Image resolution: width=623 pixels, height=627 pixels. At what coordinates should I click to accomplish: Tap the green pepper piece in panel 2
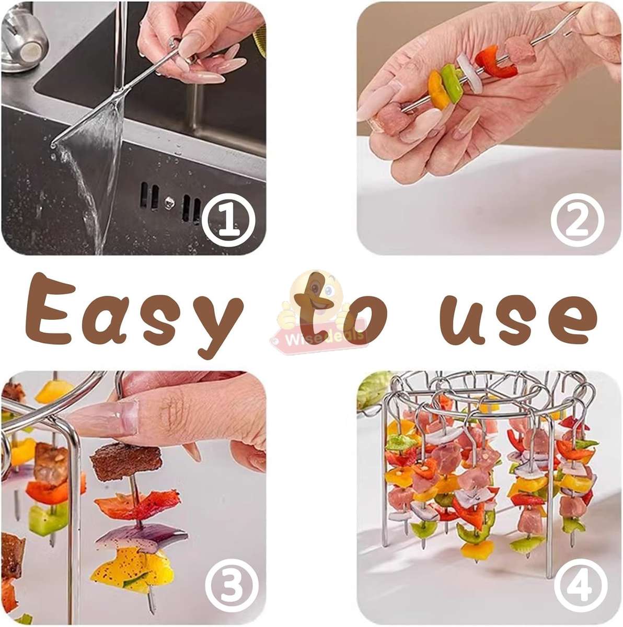tap(451, 79)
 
